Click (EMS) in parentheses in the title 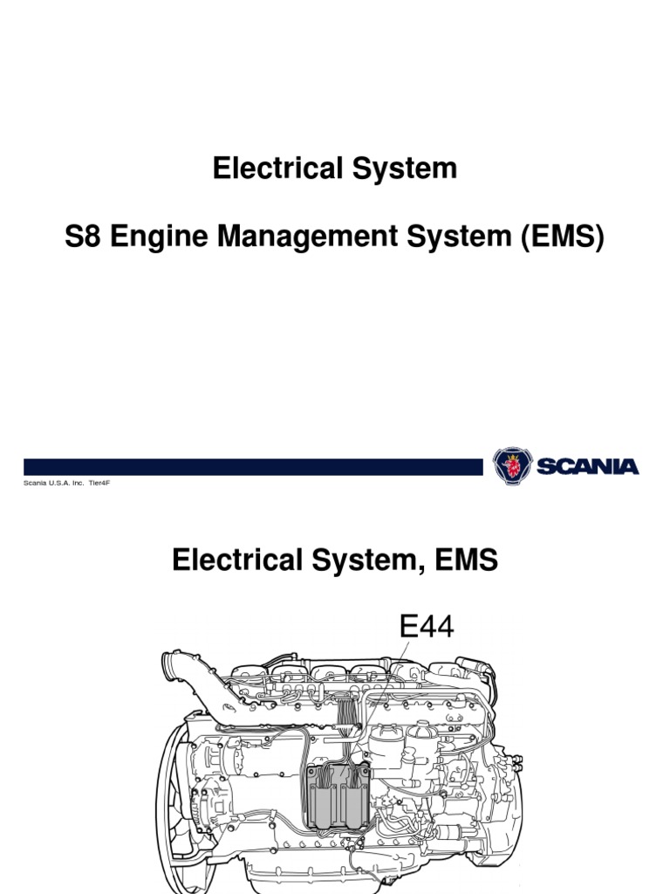click(x=559, y=237)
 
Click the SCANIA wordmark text click(x=589, y=467)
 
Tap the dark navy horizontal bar click(x=253, y=467)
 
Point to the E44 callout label click(x=426, y=626)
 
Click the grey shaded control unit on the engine click(x=335, y=793)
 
